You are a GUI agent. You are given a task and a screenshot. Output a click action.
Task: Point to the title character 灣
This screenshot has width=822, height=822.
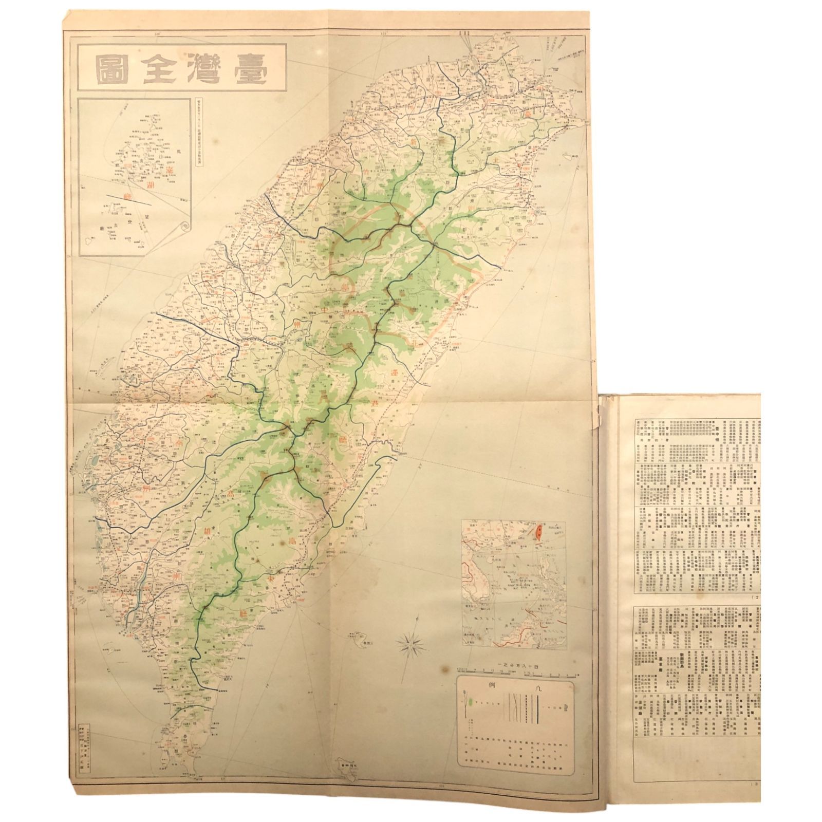(200, 72)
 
